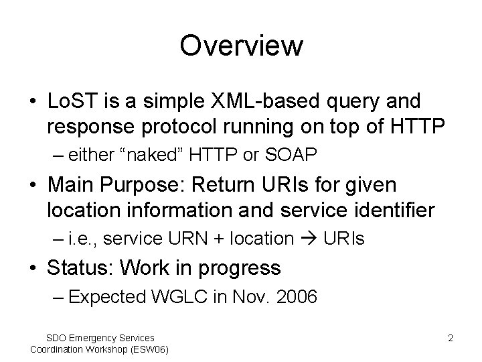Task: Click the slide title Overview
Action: [x=241, y=46]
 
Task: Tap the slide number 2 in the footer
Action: [x=450, y=339]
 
